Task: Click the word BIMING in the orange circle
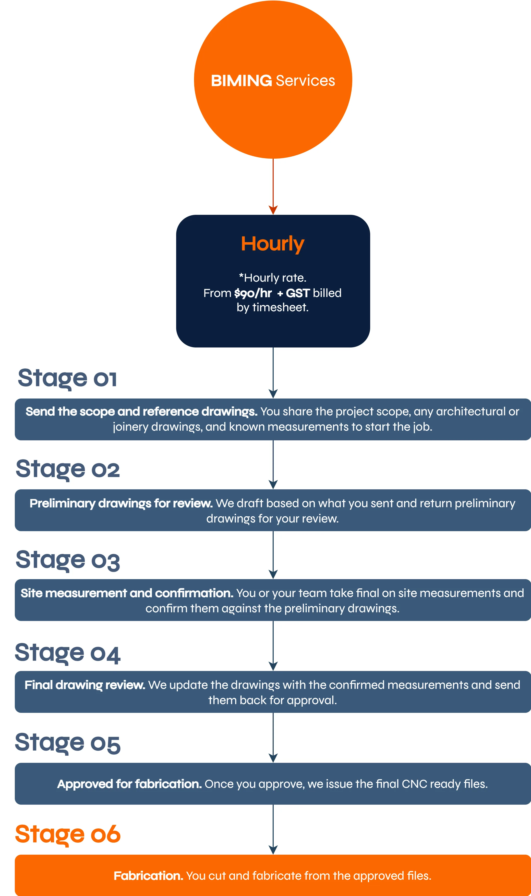[x=242, y=81]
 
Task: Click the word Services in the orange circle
[x=306, y=81]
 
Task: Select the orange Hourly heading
[x=273, y=244]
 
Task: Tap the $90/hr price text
[x=253, y=293]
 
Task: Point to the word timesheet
[x=280, y=307]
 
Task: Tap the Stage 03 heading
[x=68, y=560]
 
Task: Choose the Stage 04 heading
[x=68, y=653]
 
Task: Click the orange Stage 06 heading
[x=68, y=835]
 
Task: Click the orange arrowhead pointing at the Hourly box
[x=273, y=210]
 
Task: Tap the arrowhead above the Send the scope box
[x=273, y=394]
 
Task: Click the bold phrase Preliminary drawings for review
[x=121, y=503]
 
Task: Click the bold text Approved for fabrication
[x=129, y=784]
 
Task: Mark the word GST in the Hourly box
[x=298, y=293]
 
